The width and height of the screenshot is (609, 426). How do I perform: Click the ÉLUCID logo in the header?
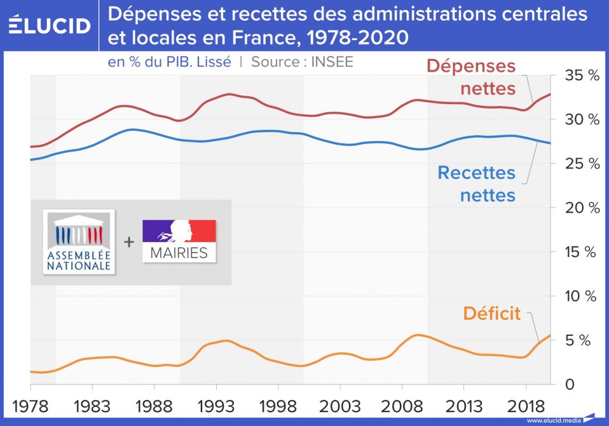coord(50,25)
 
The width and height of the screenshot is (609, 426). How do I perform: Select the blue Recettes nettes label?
coord(476,184)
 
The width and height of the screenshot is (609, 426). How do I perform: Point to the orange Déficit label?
coord(491,313)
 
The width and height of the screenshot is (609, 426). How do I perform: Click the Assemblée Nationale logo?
coord(79,242)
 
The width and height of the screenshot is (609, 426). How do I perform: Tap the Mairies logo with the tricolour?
coord(179,241)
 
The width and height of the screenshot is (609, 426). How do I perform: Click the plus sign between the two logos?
coord(128,242)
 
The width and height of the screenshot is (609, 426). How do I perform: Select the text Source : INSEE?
coord(302,61)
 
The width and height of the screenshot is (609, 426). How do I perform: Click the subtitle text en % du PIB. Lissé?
coord(169,61)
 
